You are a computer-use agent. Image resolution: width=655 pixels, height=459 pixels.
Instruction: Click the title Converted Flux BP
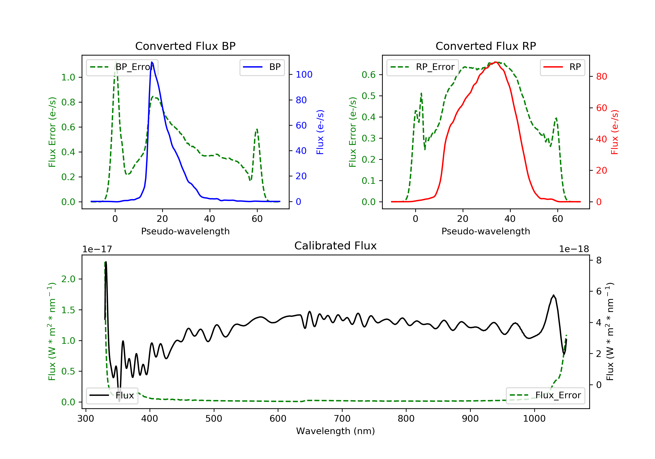[185, 46]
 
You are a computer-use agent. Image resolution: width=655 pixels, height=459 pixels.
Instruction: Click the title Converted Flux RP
[486, 46]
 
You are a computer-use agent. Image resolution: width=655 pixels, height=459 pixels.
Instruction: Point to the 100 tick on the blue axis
[304, 75]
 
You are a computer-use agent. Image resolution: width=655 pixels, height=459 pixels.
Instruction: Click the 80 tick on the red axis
[601, 76]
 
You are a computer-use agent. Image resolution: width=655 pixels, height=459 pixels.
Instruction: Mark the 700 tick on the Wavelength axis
[342, 419]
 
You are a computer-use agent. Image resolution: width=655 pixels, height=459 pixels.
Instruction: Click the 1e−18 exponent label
[574, 249]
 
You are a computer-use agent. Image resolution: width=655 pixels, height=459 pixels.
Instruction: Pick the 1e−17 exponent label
[97, 249]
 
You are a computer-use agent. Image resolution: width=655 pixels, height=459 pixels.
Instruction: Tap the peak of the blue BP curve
[152, 62]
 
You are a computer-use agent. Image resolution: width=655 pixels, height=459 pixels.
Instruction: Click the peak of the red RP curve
[496, 62]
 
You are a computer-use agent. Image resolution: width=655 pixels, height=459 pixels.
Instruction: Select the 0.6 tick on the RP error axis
[368, 75]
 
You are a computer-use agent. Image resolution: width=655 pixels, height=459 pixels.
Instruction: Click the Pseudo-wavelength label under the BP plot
[185, 231]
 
